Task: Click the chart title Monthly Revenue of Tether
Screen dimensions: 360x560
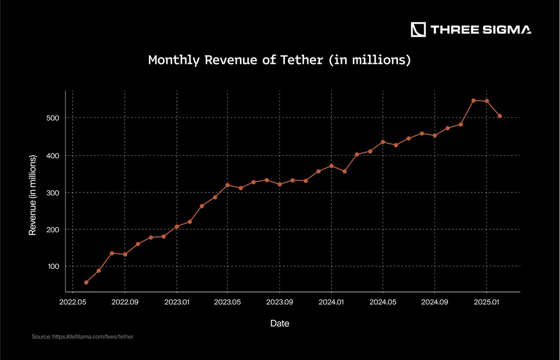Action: [279, 60]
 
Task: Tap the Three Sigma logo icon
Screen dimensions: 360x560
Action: [418, 29]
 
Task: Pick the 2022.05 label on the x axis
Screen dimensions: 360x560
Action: [73, 302]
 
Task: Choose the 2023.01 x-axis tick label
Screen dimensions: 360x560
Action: [176, 302]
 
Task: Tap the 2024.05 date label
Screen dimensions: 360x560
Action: [383, 302]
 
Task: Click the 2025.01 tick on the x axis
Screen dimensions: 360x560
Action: [486, 302]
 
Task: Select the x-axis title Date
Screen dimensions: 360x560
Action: [280, 323]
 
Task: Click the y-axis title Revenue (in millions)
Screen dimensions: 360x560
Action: [33, 195]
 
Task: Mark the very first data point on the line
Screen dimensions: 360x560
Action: [86, 282]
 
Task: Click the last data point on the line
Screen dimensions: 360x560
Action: [500, 116]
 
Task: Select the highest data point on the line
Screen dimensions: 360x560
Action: [473, 100]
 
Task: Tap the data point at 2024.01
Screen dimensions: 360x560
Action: [331, 166]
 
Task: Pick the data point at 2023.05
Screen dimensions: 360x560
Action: [228, 185]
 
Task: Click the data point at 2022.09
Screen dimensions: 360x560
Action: [125, 254]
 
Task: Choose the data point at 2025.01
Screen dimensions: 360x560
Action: [487, 101]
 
